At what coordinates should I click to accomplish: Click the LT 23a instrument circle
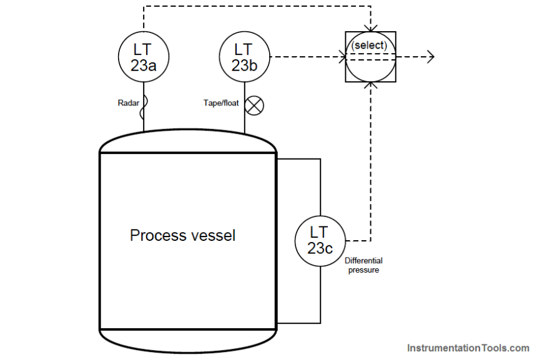coord(144,57)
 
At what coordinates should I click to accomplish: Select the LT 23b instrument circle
coord(245,57)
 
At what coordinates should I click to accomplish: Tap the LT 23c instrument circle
coord(320,240)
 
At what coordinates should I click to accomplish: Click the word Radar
coord(129,103)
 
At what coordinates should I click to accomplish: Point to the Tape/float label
coord(220,103)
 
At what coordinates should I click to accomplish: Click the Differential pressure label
coord(363,265)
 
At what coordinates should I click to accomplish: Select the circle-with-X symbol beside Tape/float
coord(254,105)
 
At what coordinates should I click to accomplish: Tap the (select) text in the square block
coord(370,46)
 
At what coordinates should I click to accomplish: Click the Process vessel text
coord(183,235)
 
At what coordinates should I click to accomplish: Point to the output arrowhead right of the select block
coord(430,57)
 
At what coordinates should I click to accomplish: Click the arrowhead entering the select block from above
coord(371,29)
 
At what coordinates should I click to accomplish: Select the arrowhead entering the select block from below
coord(371,85)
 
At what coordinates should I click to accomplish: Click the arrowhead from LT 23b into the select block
coord(343,57)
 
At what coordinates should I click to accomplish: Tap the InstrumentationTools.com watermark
coord(468,348)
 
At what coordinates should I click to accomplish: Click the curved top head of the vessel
coord(187,140)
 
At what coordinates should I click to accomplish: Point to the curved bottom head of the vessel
coord(187,340)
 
